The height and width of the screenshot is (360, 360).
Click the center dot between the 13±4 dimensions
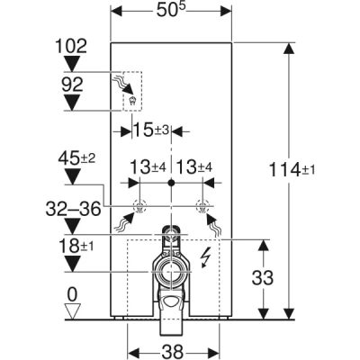[172, 182]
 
